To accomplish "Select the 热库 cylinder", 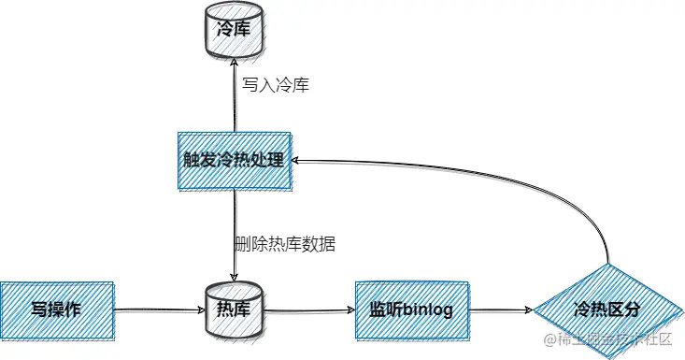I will tap(234, 308).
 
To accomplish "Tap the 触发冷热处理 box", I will tap(234, 161).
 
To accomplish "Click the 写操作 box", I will tap(56, 308).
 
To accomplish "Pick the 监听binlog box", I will tap(411, 308).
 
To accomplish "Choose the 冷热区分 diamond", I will tap(608, 308).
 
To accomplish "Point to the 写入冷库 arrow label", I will tap(276, 85).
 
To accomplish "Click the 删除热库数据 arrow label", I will tap(285, 244).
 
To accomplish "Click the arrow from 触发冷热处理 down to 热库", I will tap(234, 234).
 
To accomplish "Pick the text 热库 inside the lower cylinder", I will tap(234, 309).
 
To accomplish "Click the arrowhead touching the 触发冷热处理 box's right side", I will tap(296, 161).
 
